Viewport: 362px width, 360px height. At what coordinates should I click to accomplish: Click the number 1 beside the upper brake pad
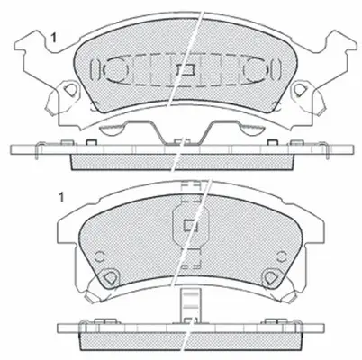[x=53, y=37]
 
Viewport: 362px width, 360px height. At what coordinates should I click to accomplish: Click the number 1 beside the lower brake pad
[x=60, y=197]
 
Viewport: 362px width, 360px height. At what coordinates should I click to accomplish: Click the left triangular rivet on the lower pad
[x=109, y=277]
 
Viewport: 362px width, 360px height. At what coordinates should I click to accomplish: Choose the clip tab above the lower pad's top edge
[x=189, y=192]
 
